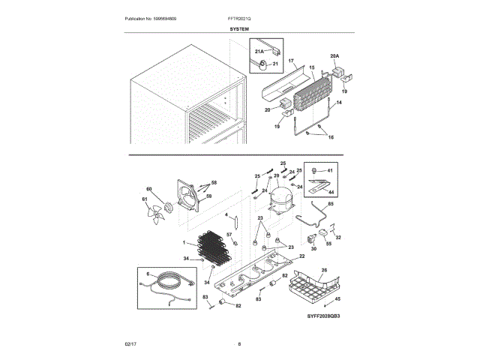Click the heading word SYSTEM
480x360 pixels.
239,28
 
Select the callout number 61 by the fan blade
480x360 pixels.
145,199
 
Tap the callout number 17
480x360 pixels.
291,59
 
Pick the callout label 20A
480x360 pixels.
334,55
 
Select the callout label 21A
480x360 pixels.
259,52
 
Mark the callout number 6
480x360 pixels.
148,274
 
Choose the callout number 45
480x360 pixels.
337,299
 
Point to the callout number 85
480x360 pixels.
331,204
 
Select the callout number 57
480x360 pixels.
229,235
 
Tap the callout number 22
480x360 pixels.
301,256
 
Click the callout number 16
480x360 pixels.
331,138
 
